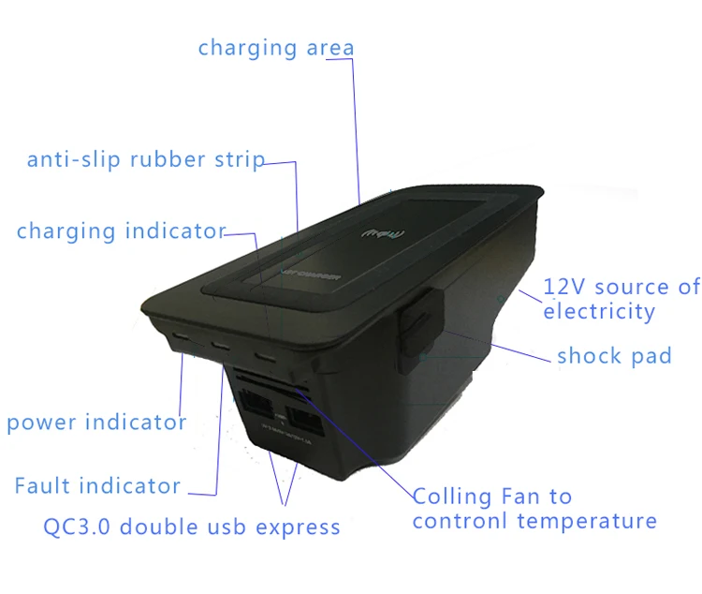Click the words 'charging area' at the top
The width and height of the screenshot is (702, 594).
(x=275, y=47)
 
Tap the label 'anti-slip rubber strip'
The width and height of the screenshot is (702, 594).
(x=145, y=159)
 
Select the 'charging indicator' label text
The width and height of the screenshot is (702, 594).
(x=121, y=230)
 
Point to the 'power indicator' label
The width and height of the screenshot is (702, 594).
(x=96, y=423)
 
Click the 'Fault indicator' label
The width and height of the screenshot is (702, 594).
(x=97, y=485)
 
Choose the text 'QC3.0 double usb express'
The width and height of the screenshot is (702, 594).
(x=192, y=527)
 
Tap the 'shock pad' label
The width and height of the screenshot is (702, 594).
(x=614, y=356)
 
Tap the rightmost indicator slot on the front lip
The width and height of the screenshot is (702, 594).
(x=268, y=357)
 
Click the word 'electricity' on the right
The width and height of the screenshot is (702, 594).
(x=599, y=311)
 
